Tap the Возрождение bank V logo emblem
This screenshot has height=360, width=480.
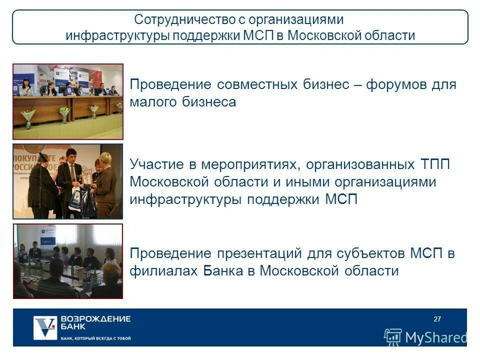point(44,328)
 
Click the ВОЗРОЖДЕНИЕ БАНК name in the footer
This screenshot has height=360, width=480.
point(95,322)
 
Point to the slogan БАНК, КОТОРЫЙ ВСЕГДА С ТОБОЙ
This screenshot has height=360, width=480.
point(95,338)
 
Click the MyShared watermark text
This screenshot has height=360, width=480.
point(435,337)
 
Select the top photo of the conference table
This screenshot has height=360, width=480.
point(68,101)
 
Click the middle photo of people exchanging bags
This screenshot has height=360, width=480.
point(68,181)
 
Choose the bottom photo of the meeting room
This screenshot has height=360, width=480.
point(68,261)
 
